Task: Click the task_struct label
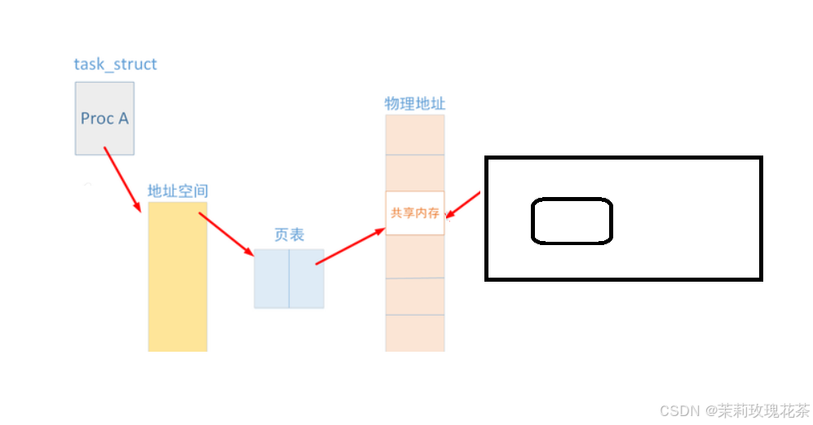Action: (x=115, y=64)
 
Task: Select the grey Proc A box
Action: (x=104, y=118)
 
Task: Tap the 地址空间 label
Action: (x=178, y=191)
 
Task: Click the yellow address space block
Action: (x=178, y=277)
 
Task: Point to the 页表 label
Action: (x=289, y=235)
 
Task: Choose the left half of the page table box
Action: (x=272, y=278)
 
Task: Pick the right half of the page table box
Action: (x=307, y=278)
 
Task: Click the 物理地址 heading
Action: (x=415, y=104)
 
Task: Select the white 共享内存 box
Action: (x=415, y=213)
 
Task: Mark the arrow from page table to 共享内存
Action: (x=350, y=247)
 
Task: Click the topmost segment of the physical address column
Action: (x=415, y=134)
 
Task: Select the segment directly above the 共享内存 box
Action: (x=415, y=173)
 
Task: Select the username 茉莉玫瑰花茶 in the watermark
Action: (x=762, y=410)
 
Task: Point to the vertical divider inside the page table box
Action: (x=289, y=278)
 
